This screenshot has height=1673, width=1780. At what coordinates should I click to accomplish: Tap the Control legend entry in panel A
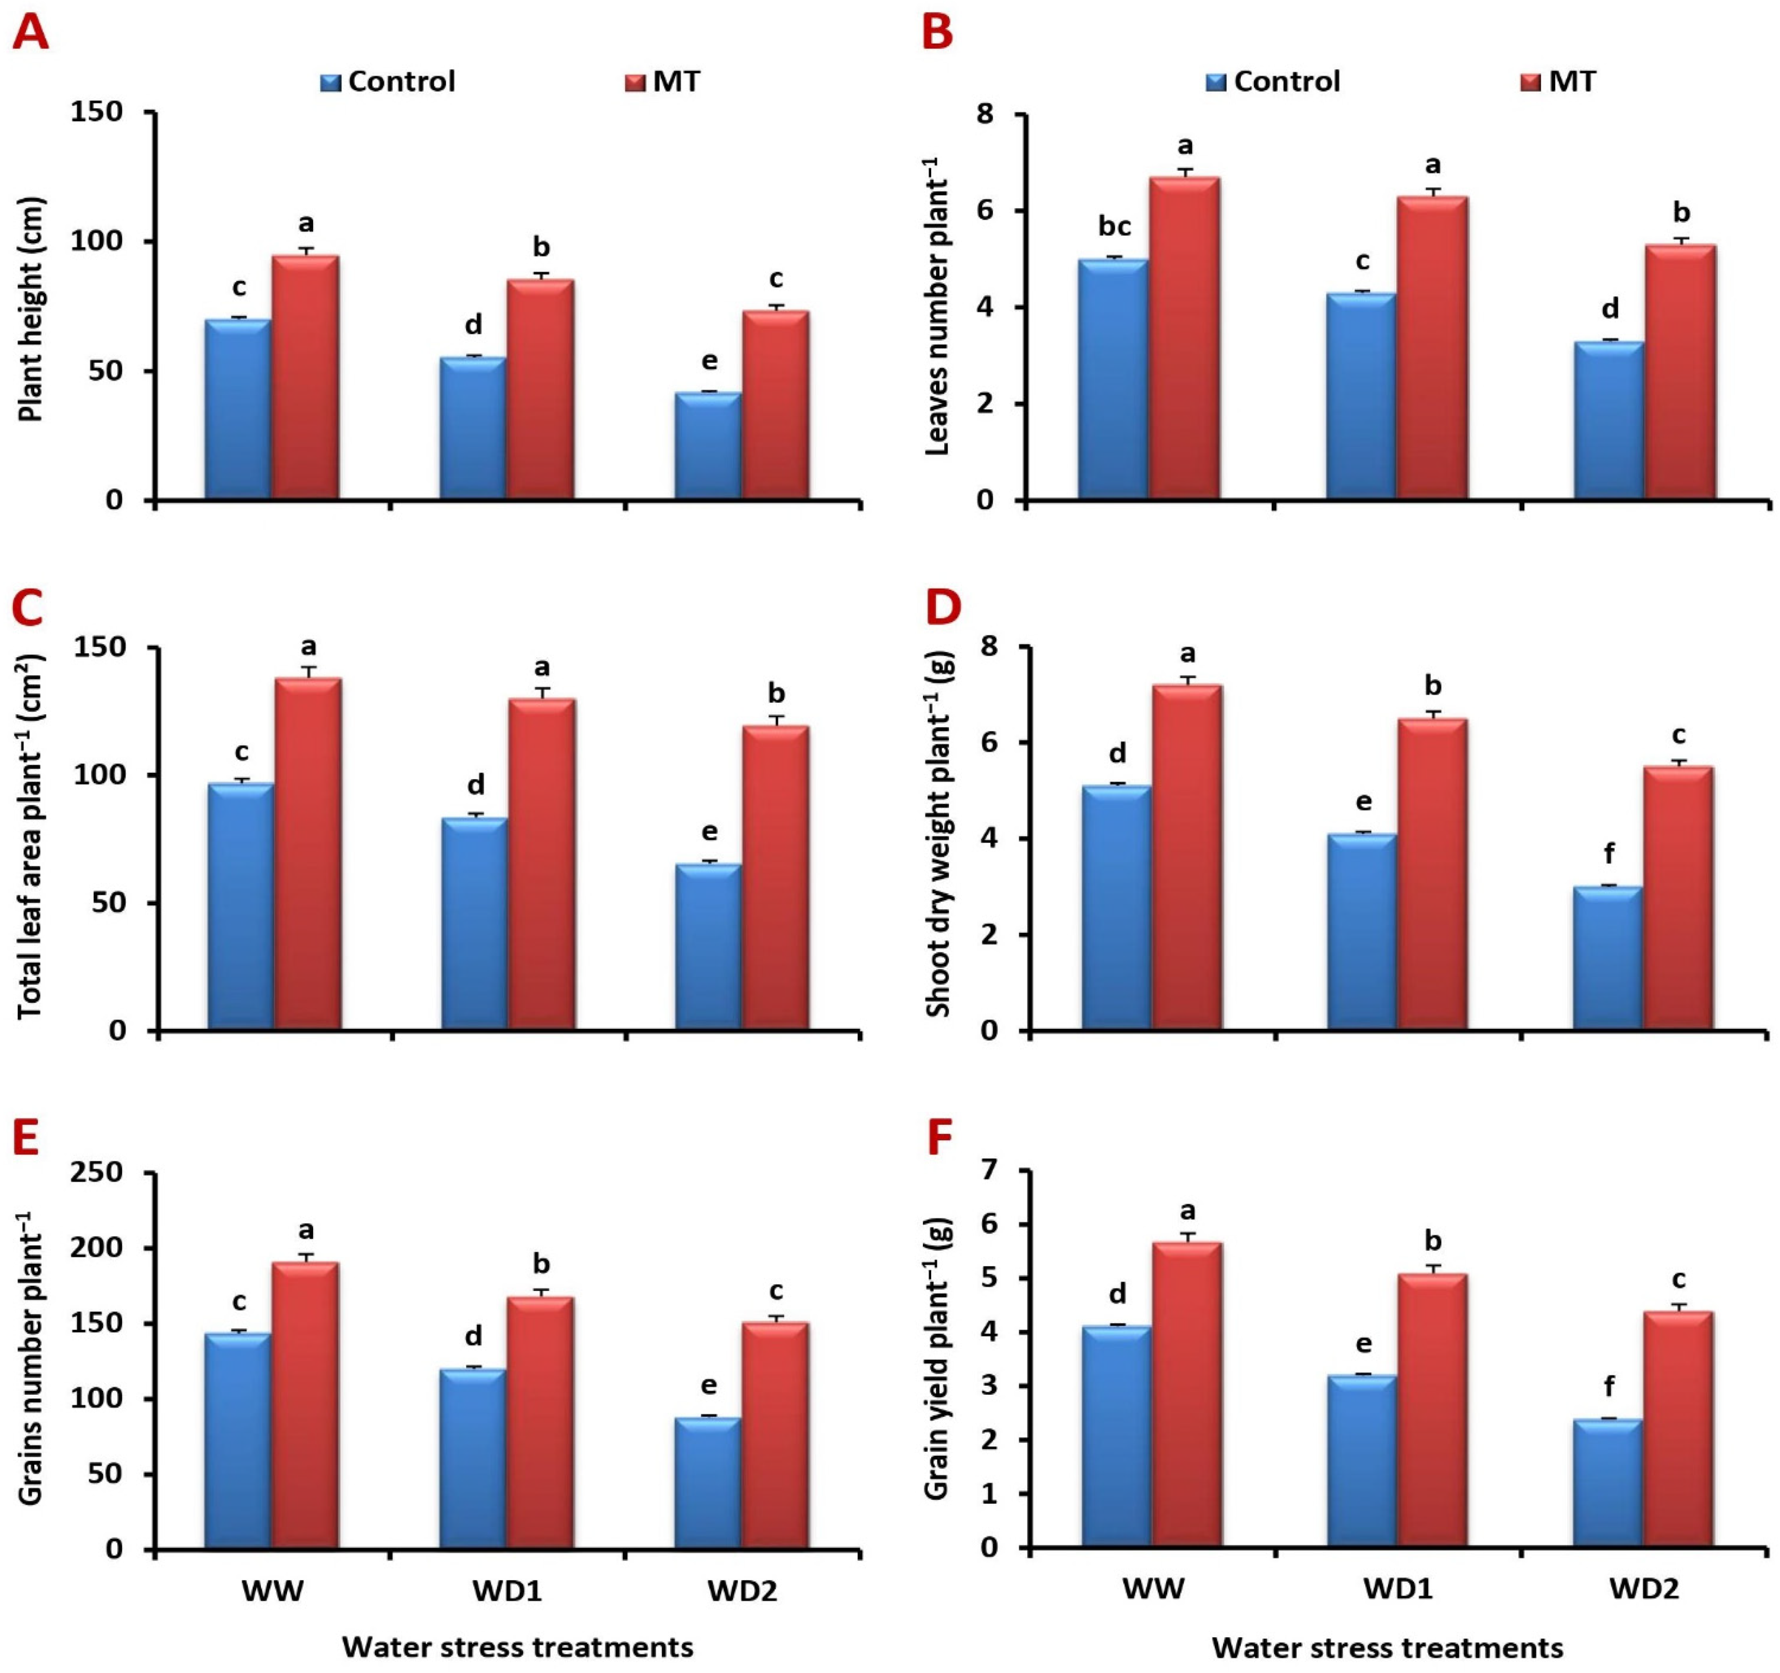tap(388, 81)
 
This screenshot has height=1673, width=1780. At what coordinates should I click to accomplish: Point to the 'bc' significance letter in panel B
tap(1115, 226)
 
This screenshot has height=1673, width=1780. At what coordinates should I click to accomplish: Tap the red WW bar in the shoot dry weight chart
tap(1187, 857)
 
